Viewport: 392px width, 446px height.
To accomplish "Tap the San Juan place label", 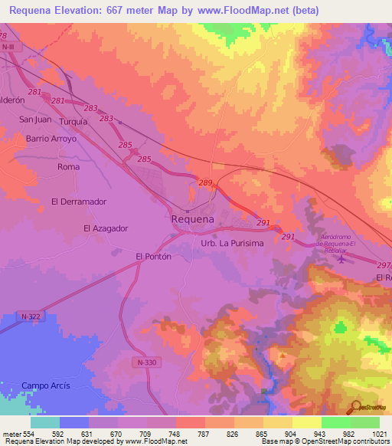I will [34, 119].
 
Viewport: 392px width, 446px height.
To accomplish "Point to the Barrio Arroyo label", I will [51, 139].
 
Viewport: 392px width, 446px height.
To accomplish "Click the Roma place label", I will [69, 166].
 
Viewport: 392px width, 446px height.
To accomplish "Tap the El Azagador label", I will [105, 228].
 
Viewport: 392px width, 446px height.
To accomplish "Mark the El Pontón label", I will [152, 257].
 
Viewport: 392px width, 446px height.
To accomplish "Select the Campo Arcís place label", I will [45, 385].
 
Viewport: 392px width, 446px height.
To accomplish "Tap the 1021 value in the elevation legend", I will [381, 435].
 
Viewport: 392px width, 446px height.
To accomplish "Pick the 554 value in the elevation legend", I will [28, 435].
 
